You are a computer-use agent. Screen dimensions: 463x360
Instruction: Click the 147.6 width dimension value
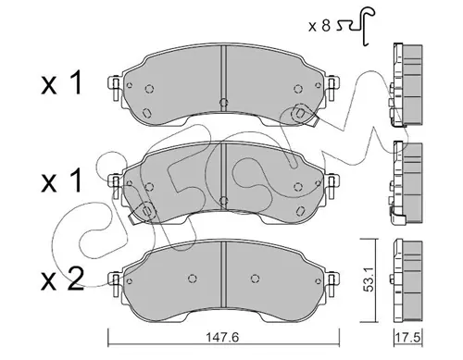pos(222,337)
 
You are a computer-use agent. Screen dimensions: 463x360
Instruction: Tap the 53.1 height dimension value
pos(369,279)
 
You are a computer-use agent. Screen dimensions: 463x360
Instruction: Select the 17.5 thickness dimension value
pos(407,337)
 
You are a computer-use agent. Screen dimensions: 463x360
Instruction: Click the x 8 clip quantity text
pos(319,26)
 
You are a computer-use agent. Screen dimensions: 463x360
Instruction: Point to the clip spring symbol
pos(357,26)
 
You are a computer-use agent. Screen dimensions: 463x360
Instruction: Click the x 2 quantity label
pos(63,279)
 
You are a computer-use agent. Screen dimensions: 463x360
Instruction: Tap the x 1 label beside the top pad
pos(62,82)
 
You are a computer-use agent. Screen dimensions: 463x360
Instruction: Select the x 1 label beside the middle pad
pos(62,180)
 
